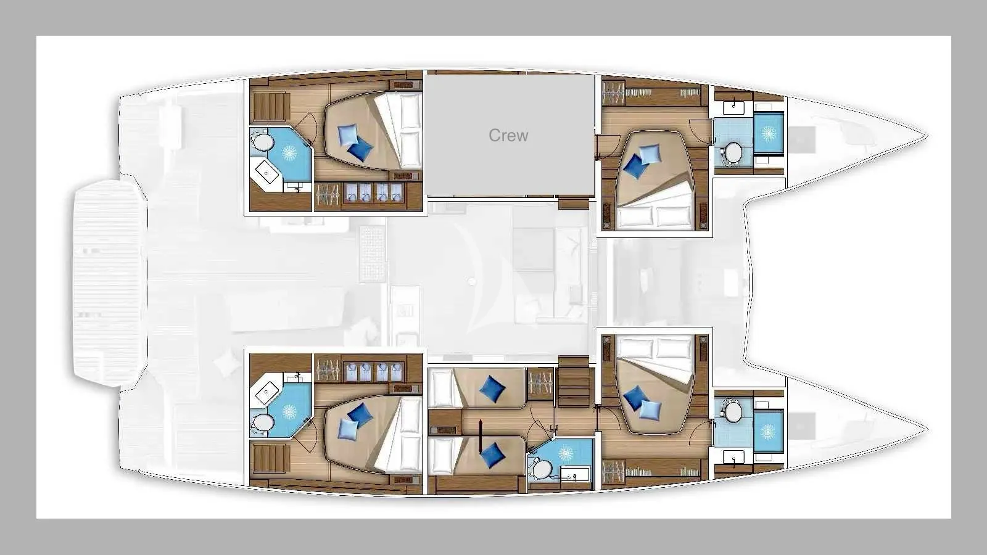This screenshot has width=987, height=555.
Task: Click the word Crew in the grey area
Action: point(508,135)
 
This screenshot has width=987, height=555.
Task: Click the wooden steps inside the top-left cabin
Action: point(269,105)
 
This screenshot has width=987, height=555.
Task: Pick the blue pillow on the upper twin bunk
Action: point(492,389)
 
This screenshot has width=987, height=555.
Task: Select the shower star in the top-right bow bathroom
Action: point(769,133)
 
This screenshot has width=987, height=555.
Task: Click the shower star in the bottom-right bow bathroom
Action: point(768,431)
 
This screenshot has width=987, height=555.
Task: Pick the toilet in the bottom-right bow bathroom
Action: point(732,411)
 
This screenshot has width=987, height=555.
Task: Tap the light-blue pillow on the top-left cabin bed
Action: point(348,134)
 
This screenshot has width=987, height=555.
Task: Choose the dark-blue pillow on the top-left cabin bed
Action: point(360,149)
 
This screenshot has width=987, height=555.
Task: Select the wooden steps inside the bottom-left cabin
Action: point(269,459)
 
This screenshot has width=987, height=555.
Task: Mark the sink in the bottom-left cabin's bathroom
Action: point(267,392)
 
